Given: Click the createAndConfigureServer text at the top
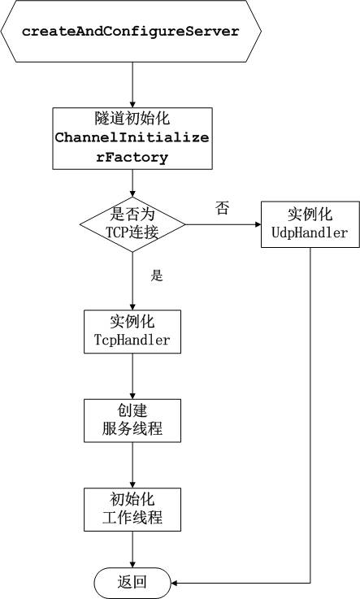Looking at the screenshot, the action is pyautogui.click(x=131, y=32).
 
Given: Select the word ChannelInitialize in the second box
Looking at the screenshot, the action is pyautogui.click(x=132, y=137).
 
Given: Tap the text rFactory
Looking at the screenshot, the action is pyautogui.click(x=132, y=157).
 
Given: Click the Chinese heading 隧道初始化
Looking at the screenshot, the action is pyautogui.click(x=132, y=119).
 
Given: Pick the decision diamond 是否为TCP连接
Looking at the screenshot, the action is pyautogui.click(x=132, y=224).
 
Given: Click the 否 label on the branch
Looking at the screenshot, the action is pyautogui.click(x=222, y=208).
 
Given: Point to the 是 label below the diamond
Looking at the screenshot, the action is pyautogui.click(x=157, y=275).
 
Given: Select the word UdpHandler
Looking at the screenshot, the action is pyautogui.click(x=310, y=232).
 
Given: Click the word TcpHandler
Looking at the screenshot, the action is pyautogui.click(x=132, y=339).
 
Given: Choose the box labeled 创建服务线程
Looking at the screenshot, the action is pyautogui.click(x=132, y=420).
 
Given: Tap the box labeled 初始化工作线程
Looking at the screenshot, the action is pyautogui.click(x=132, y=510).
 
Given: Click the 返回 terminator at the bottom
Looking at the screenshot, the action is pyautogui.click(x=132, y=583).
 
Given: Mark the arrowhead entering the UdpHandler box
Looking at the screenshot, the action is pyautogui.click(x=258, y=224).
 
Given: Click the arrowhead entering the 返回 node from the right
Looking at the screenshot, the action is pyautogui.click(x=174, y=583).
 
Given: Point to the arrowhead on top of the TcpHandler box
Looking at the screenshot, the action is pyautogui.click(x=132, y=306).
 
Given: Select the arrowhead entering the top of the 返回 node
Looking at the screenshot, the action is pyautogui.click(x=132, y=564).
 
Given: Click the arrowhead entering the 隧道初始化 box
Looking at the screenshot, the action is pyautogui.click(x=132, y=104).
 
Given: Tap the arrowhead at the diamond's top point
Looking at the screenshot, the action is pyautogui.click(x=132, y=193).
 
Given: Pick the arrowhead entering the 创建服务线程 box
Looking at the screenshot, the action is pyautogui.click(x=132, y=396).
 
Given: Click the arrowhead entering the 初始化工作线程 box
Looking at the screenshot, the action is pyautogui.click(x=132, y=484).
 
